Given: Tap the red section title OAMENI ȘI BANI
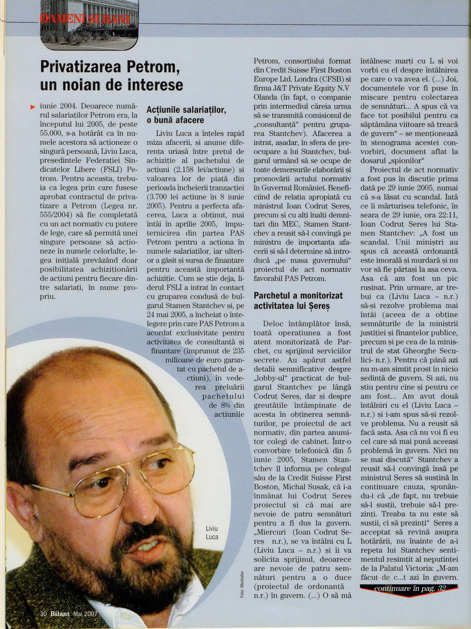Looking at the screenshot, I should (x=85, y=19).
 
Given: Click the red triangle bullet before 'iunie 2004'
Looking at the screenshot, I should (x=32, y=107).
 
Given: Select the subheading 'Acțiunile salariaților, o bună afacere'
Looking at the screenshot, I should (x=186, y=115).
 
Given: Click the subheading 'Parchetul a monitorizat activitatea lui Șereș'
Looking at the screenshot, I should (x=298, y=301).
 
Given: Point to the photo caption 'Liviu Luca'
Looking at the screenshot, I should (x=212, y=533).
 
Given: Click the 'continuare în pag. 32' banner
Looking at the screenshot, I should (x=409, y=589).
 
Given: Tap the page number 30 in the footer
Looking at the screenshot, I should (x=43, y=613).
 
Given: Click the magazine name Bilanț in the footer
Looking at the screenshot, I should (x=60, y=613).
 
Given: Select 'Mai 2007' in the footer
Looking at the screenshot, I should (x=85, y=613).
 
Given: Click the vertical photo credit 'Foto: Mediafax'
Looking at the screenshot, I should (x=242, y=582).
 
